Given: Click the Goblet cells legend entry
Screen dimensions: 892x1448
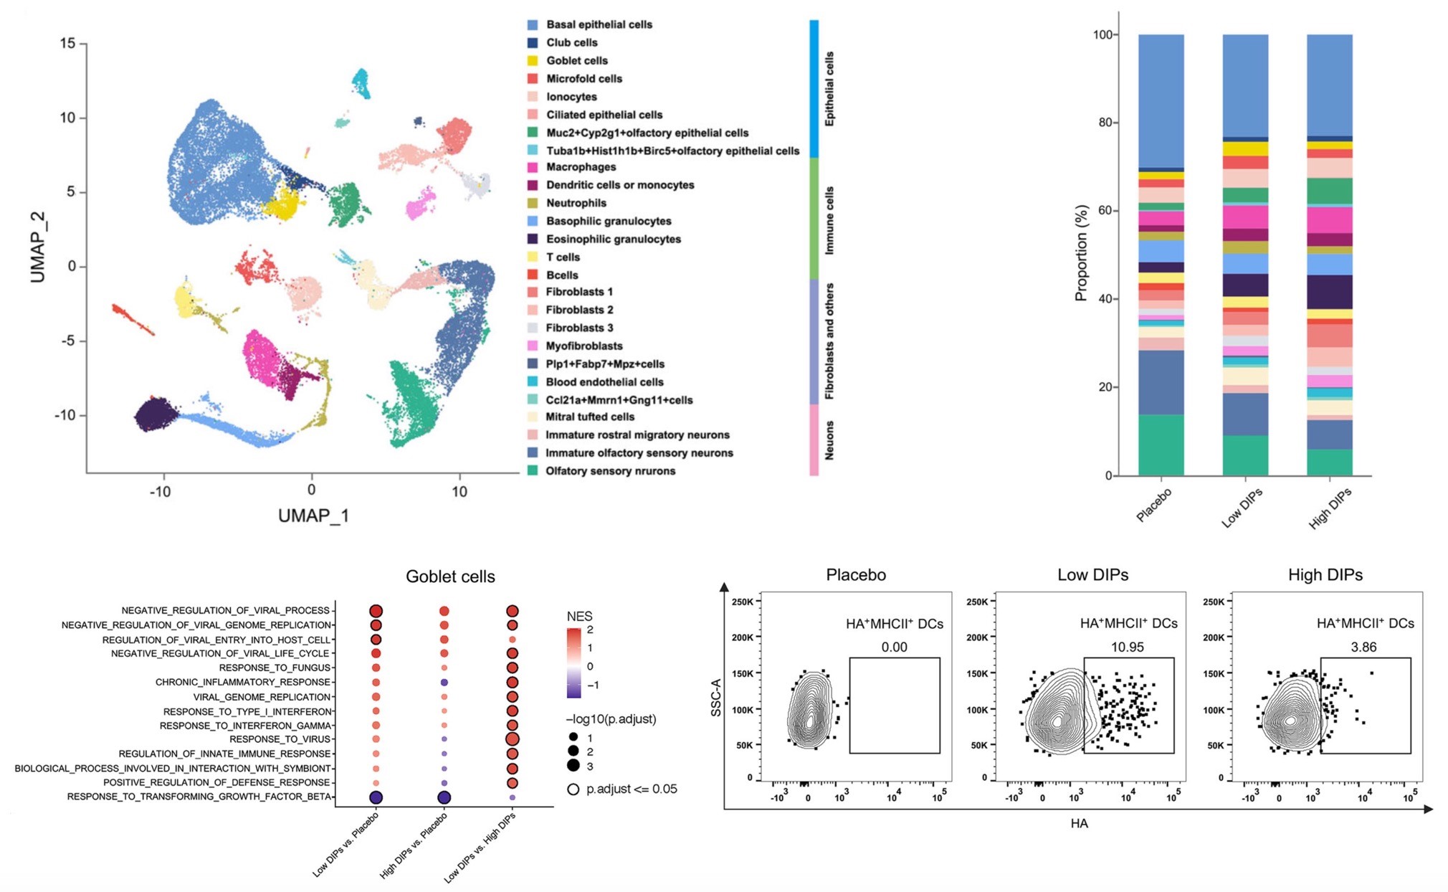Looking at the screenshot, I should pyautogui.click(x=576, y=61).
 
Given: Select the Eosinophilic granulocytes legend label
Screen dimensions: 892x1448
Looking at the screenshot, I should pyautogui.click(x=613, y=239).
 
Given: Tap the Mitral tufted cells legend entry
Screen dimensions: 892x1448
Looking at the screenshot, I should pyautogui.click(x=589, y=417).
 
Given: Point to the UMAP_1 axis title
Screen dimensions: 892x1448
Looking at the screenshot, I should pyautogui.click(x=313, y=516).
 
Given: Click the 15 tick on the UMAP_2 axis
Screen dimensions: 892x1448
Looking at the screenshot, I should pyautogui.click(x=67, y=44).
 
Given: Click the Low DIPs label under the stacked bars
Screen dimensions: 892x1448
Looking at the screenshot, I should pyautogui.click(x=1242, y=508).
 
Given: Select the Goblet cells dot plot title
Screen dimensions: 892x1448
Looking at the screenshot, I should pyautogui.click(x=450, y=577).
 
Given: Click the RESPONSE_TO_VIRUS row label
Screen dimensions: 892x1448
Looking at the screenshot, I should pyautogui.click(x=280, y=739).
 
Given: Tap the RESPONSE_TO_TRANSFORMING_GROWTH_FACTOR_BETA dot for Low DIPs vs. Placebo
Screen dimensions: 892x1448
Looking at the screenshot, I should pyautogui.click(x=376, y=797).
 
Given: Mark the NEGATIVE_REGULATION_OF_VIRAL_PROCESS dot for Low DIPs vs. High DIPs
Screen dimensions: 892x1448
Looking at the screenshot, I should pyautogui.click(x=512, y=611).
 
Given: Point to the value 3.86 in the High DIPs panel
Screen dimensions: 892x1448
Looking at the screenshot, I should pyautogui.click(x=1363, y=647).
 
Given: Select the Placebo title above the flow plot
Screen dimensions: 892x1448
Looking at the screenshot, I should pyautogui.click(x=856, y=575).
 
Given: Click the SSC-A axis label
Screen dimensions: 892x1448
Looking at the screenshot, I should pyautogui.click(x=716, y=697).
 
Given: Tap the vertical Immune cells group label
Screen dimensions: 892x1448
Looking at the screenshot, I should pyautogui.click(x=829, y=220).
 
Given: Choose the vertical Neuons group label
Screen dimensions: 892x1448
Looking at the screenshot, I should pyautogui.click(x=829, y=440).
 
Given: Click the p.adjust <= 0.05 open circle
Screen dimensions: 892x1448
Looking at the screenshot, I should pyautogui.click(x=573, y=789).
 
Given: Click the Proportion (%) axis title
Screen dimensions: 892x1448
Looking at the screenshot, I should pyautogui.click(x=1081, y=252).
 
